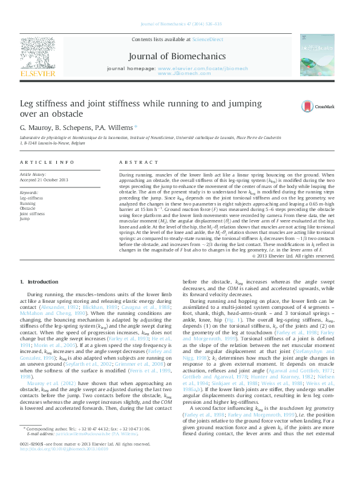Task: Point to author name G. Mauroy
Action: [x=36, y=128]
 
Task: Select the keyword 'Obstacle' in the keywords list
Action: [x=29, y=209]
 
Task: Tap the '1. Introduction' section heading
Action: [x=39, y=282]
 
